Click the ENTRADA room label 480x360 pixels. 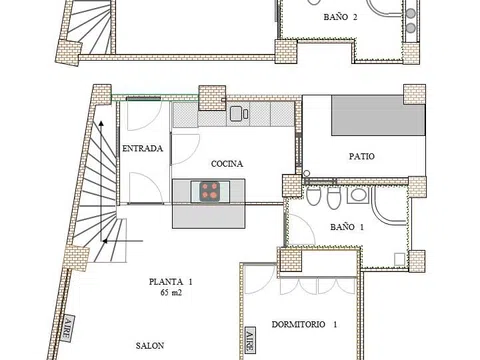[142, 148]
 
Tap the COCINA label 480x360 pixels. [227, 164]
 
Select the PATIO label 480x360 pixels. [362, 156]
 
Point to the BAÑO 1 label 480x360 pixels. [347, 227]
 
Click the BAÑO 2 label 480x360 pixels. [340, 17]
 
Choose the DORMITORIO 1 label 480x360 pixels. [304, 324]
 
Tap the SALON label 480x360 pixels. [150, 346]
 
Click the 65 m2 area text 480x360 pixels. [171, 293]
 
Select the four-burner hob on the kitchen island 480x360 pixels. [210, 191]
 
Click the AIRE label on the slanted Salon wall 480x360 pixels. [68, 329]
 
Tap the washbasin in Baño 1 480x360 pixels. [358, 195]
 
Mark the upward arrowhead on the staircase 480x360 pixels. [101, 124]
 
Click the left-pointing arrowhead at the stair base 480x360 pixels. [105, 241]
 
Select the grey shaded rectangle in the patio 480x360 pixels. [378, 116]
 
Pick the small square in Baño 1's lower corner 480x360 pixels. [399, 259]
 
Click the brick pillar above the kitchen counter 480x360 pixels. [212, 98]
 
